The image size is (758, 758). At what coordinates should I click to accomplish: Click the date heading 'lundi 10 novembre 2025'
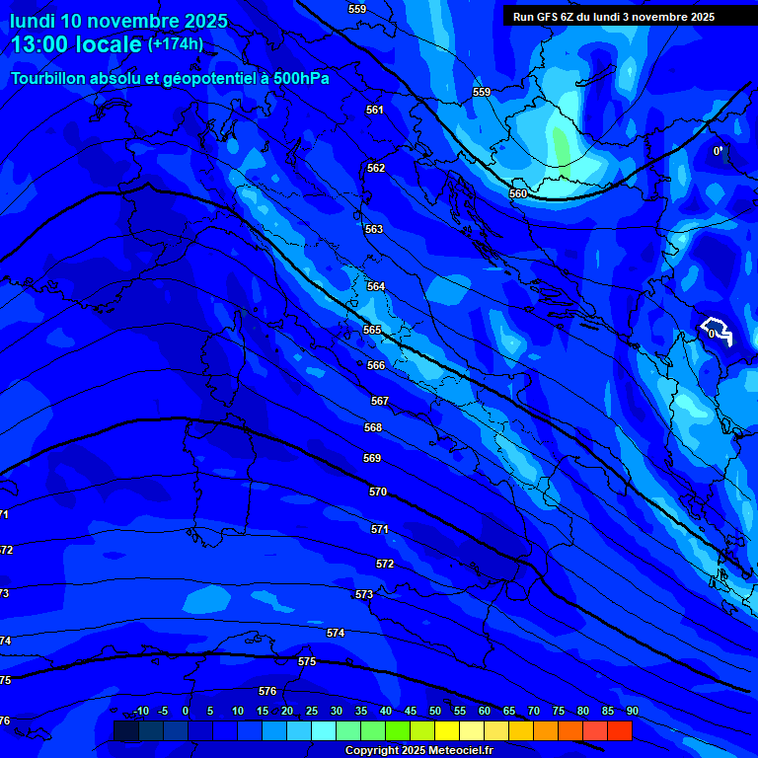(x=118, y=21)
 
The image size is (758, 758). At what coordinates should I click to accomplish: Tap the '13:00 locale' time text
(x=76, y=44)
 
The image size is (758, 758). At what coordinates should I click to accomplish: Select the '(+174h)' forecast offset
(x=175, y=44)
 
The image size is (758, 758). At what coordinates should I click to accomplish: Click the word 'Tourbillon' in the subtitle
(x=51, y=79)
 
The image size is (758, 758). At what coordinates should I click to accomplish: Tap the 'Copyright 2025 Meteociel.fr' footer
(x=418, y=751)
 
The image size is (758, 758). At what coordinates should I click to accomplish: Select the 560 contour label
(x=517, y=193)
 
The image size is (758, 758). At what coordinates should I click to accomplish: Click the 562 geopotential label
(x=375, y=168)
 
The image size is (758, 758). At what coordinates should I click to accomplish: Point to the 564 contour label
(x=375, y=286)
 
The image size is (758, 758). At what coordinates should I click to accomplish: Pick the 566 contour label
(x=376, y=365)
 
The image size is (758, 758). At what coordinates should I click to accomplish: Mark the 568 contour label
(x=372, y=427)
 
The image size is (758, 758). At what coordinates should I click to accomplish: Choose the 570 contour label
(x=378, y=492)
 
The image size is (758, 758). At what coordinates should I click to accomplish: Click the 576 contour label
(x=266, y=691)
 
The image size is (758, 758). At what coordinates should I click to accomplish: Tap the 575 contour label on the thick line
(x=306, y=661)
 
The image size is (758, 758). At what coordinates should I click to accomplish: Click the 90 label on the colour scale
(x=632, y=711)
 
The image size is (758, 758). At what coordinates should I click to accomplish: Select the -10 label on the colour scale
(x=141, y=711)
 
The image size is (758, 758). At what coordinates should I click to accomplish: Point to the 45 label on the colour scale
(x=410, y=711)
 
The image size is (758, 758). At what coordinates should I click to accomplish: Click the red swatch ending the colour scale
(x=619, y=730)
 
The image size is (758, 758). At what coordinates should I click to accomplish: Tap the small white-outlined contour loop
(x=717, y=329)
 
